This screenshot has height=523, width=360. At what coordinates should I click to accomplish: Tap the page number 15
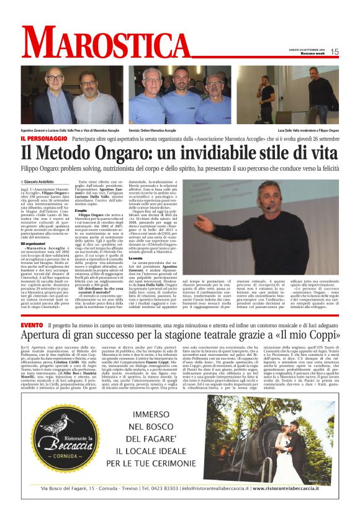[335, 52]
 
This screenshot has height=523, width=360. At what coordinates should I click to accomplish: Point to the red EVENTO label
[31, 325]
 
